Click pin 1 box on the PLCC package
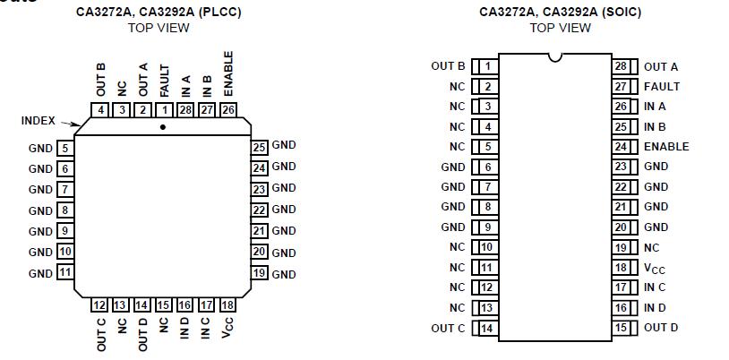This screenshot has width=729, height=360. coord(165,110)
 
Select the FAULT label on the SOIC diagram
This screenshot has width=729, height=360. coord(661,87)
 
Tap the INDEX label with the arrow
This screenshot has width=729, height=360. coord(38,121)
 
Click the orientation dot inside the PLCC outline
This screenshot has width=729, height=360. coord(162,127)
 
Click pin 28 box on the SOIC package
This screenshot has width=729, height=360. coord(621,66)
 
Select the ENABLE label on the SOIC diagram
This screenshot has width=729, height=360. coord(666,147)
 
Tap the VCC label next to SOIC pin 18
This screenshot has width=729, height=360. coord(654,268)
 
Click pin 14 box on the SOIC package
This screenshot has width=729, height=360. coord(486,328)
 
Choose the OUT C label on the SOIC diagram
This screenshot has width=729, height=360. coord(448,328)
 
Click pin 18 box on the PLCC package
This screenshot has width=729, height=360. coord(227,305)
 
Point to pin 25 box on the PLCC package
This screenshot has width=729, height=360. coord(260,147)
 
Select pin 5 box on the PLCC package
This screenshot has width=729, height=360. coord(65,148)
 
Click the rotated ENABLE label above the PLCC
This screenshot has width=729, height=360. coord(228,74)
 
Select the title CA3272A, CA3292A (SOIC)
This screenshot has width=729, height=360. coord(560,13)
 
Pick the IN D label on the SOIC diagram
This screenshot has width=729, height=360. coord(655,308)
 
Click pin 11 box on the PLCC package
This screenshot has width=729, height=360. coord(65,273)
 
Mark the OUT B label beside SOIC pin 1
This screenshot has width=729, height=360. coord(448,66)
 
